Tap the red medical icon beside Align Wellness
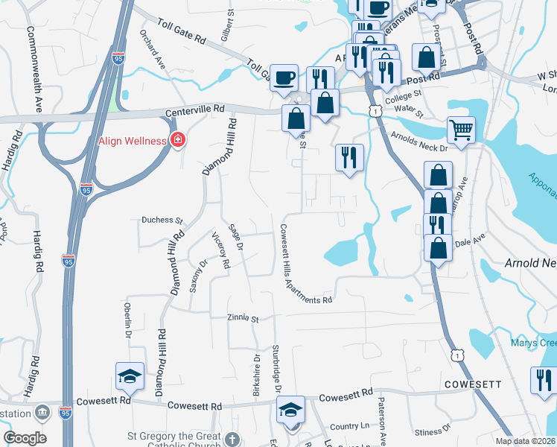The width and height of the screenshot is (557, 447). (x=178, y=139)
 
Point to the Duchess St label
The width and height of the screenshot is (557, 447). (x=162, y=221)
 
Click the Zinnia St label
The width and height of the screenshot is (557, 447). (x=243, y=319)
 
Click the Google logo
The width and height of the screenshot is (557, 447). (x=25, y=438)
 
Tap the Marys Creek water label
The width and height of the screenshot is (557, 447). (x=533, y=343)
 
